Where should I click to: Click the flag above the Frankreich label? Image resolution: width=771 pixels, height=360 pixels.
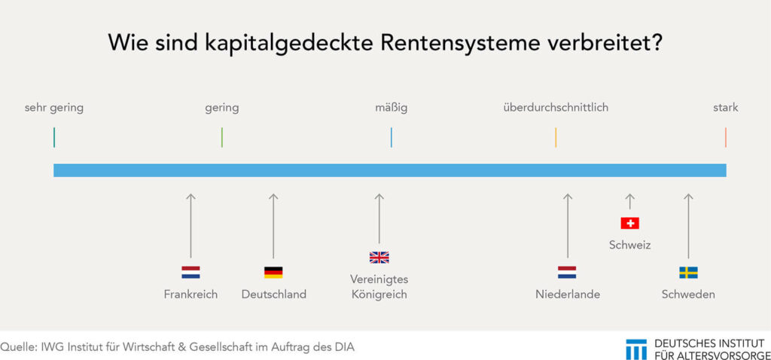tap(190, 273)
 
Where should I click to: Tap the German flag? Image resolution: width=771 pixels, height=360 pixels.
tap(273, 273)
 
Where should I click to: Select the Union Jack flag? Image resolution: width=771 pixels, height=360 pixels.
tap(379, 258)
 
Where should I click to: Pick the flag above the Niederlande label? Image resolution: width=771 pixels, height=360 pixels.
tap(567, 273)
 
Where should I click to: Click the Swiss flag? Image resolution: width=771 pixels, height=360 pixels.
tap(630, 223)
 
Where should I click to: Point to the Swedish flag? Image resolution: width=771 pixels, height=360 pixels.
tap(688, 273)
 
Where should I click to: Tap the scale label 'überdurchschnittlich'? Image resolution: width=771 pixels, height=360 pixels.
tap(556, 107)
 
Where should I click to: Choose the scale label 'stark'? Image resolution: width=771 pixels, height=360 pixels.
tap(726, 107)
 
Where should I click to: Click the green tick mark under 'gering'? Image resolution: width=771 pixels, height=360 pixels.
tap(222, 137)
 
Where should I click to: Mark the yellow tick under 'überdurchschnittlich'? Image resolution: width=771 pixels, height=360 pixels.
tap(556, 137)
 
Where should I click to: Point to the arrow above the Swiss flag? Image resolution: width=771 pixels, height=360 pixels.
tap(630, 202)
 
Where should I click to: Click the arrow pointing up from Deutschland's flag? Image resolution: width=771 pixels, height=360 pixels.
tap(273, 226)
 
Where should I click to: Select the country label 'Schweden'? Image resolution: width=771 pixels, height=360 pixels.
tap(688, 294)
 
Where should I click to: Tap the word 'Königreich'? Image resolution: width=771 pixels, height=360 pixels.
tap(379, 295)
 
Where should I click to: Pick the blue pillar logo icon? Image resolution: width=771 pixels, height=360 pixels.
tap(636, 349)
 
